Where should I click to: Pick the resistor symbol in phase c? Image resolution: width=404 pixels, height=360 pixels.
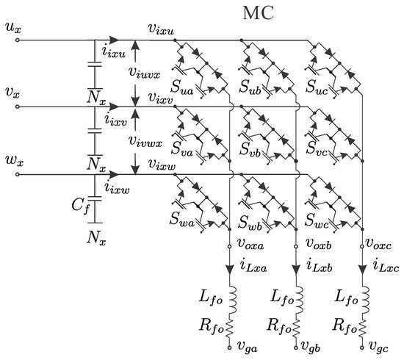coord(364,324)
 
